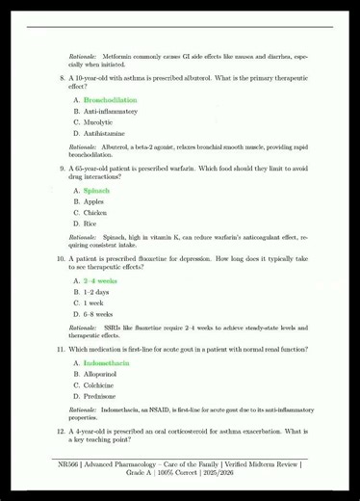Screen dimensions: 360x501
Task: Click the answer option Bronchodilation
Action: click(x=110, y=100)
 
